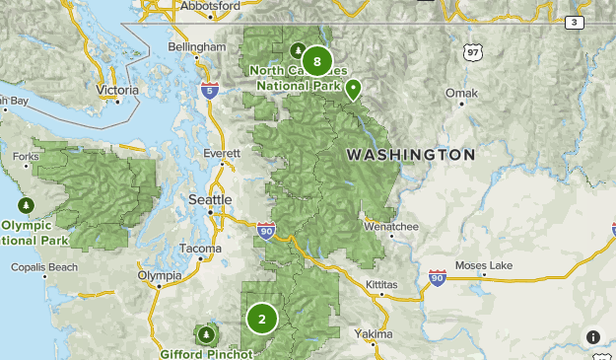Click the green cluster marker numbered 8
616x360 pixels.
pyautogui.click(x=316, y=61)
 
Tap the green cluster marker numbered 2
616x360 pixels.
pyautogui.click(x=262, y=319)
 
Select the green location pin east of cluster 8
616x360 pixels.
pyautogui.click(x=353, y=90)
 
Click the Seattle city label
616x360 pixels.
pyautogui.click(x=210, y=199)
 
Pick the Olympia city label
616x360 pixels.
pyautogui.click(x=159, y=275)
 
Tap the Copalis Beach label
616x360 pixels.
pyautogui.click(x=44, y=267)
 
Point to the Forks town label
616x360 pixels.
pyautogui.click(x=27, y=156)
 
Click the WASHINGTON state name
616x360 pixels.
pyautogui.click(x=410, y=155)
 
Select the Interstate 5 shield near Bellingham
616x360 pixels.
pyautogui.click(x=209, y=91)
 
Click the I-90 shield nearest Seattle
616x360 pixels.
pyautogui.click(x=266, y=230)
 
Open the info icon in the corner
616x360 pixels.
pyautogui.click(x=594, y=337)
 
